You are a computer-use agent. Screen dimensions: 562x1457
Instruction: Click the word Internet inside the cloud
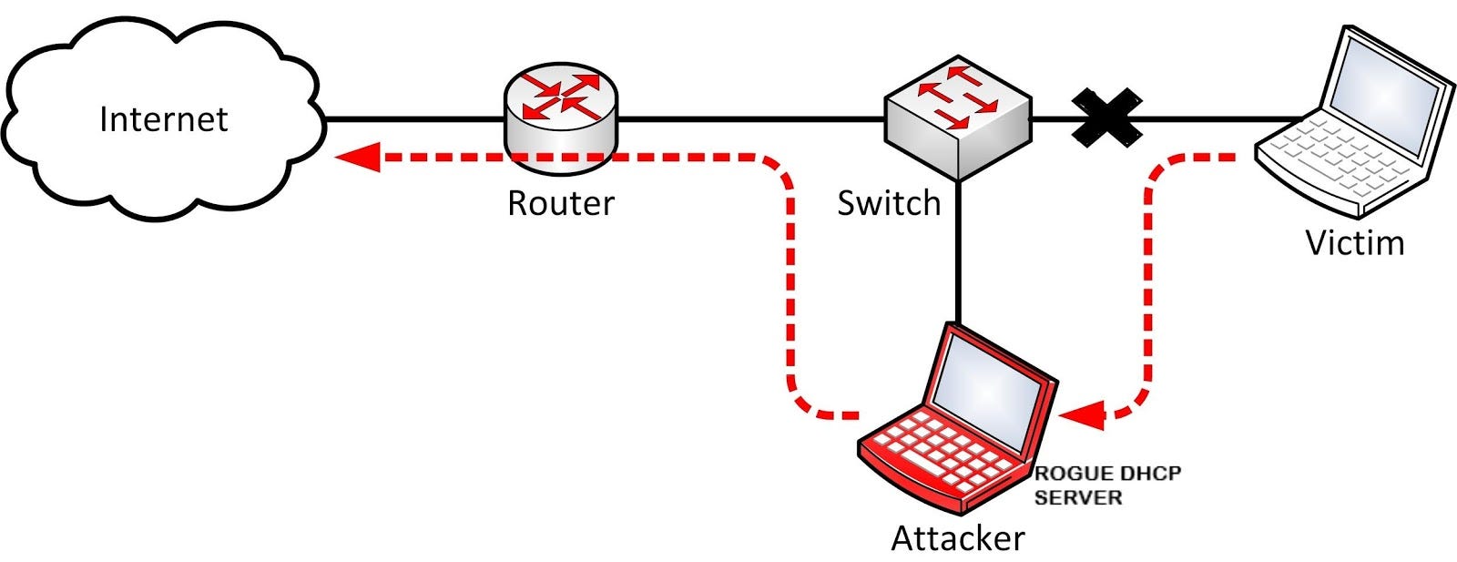coord(164,119)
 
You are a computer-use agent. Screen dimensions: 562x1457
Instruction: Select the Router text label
coord(561,203)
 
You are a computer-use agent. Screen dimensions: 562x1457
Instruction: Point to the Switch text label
coord(889,203)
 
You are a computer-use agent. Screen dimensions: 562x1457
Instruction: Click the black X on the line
coord(1105,118)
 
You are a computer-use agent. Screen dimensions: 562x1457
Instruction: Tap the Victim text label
coord(1354,243)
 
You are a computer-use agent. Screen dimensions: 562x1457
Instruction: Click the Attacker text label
coord(957,538)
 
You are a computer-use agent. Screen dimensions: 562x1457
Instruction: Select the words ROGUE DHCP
coord(1106,475)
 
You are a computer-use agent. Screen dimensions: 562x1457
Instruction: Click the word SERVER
coord(1078,498)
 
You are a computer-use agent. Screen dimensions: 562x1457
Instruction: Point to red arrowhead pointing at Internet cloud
coord(357,157)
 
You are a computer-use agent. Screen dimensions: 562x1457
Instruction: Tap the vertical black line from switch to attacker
coord(958,255)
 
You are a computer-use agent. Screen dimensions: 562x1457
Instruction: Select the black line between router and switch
coord(747,118)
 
